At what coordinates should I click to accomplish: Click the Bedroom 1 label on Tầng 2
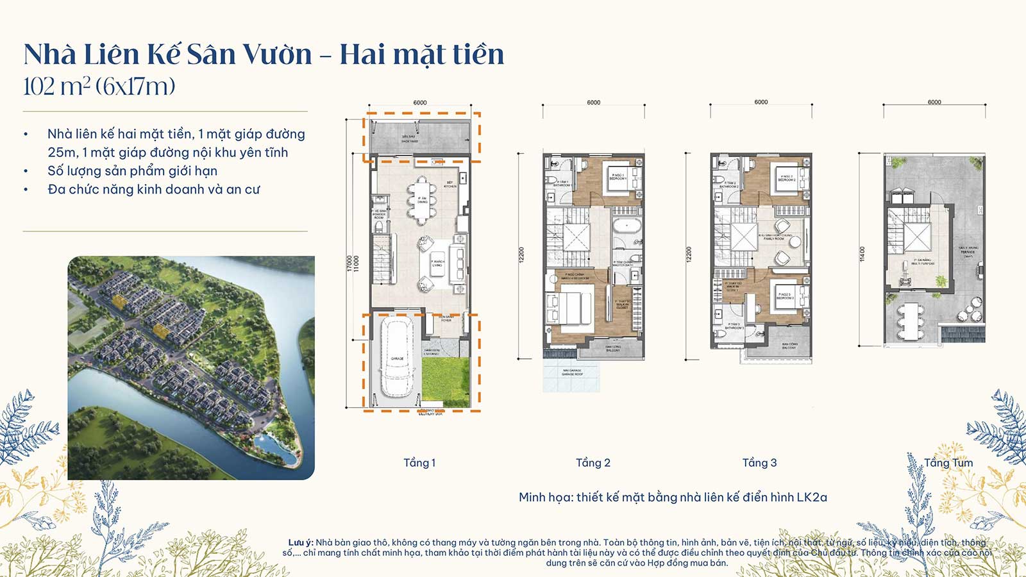(x=618, y=177)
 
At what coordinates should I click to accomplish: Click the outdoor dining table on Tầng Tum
(x=910, y=321)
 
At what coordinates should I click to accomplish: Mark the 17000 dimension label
(x=349, y=263)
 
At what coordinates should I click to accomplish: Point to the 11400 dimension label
(x=862, y=254)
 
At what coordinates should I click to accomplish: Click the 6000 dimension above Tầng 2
(x=593, y=103)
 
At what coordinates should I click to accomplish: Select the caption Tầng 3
(x=759, y=463)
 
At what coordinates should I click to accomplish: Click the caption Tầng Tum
(x=948, y=463)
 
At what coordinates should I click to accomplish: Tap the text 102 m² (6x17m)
(x=99, y=87)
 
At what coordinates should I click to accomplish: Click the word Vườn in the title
(x=276, y=54)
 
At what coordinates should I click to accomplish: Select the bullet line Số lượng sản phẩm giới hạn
(x=132, y=171)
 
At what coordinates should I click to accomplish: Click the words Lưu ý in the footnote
(x=300, y=542)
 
